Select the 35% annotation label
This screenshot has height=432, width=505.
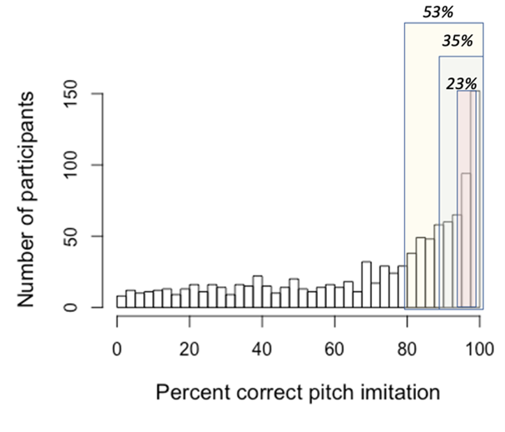pos(457,40)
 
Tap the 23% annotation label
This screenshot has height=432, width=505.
pos(461,83)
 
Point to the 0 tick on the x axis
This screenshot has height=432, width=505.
pos(116,348)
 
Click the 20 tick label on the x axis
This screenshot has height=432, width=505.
pos(190,348)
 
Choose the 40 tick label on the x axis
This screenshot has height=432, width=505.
pos(262,348)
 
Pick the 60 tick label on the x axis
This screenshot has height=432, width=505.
pos(334,348)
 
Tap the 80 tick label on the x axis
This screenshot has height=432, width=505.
pos(407,348)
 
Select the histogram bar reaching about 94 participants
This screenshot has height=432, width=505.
pos(466,241)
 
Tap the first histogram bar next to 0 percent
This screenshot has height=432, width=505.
pos(121,301)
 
